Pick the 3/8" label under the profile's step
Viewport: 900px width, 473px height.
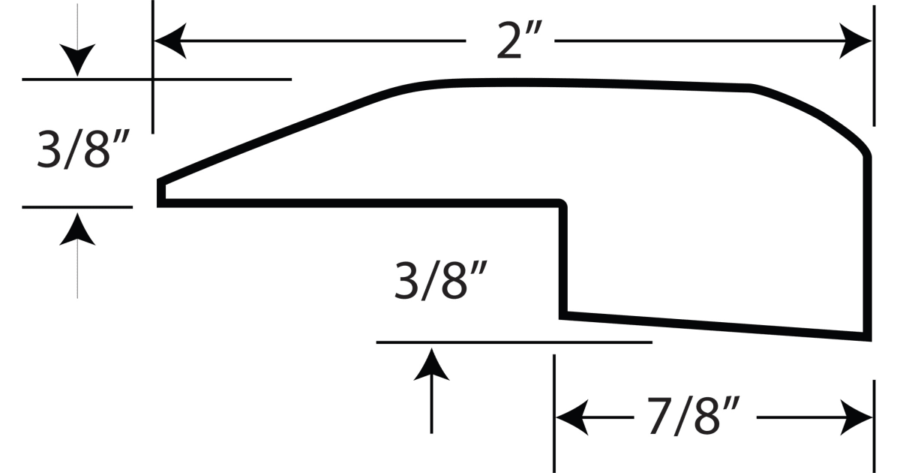pos(442,281)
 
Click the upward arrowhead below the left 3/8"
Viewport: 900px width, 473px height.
pos(77,228)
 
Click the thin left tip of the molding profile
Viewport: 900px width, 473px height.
pos(160,191)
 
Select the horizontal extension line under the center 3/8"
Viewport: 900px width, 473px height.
pos(514,342)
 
